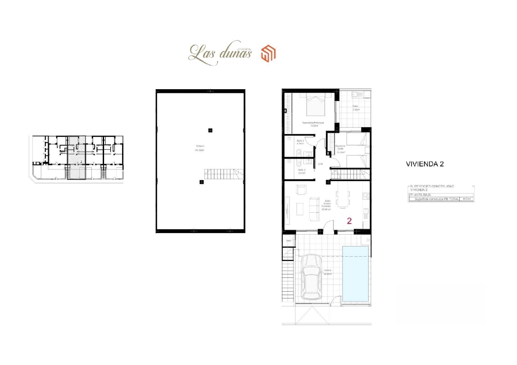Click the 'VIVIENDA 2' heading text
tap(425, 164)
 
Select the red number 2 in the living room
tap(349, 221)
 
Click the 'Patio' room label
tap(355, 106)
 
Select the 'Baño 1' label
tap(300, 141)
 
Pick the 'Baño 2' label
tap(302, 170)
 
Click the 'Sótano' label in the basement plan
tap(200, 146)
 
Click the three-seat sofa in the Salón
tap(314, 209)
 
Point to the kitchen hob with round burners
tap(366, 196)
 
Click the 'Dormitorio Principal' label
tap(313, 123)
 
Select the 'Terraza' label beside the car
tap(327, 271)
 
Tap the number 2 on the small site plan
tap(81, 161)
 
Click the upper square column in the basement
tap(210, 130)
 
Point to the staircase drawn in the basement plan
tap(224, 174)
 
